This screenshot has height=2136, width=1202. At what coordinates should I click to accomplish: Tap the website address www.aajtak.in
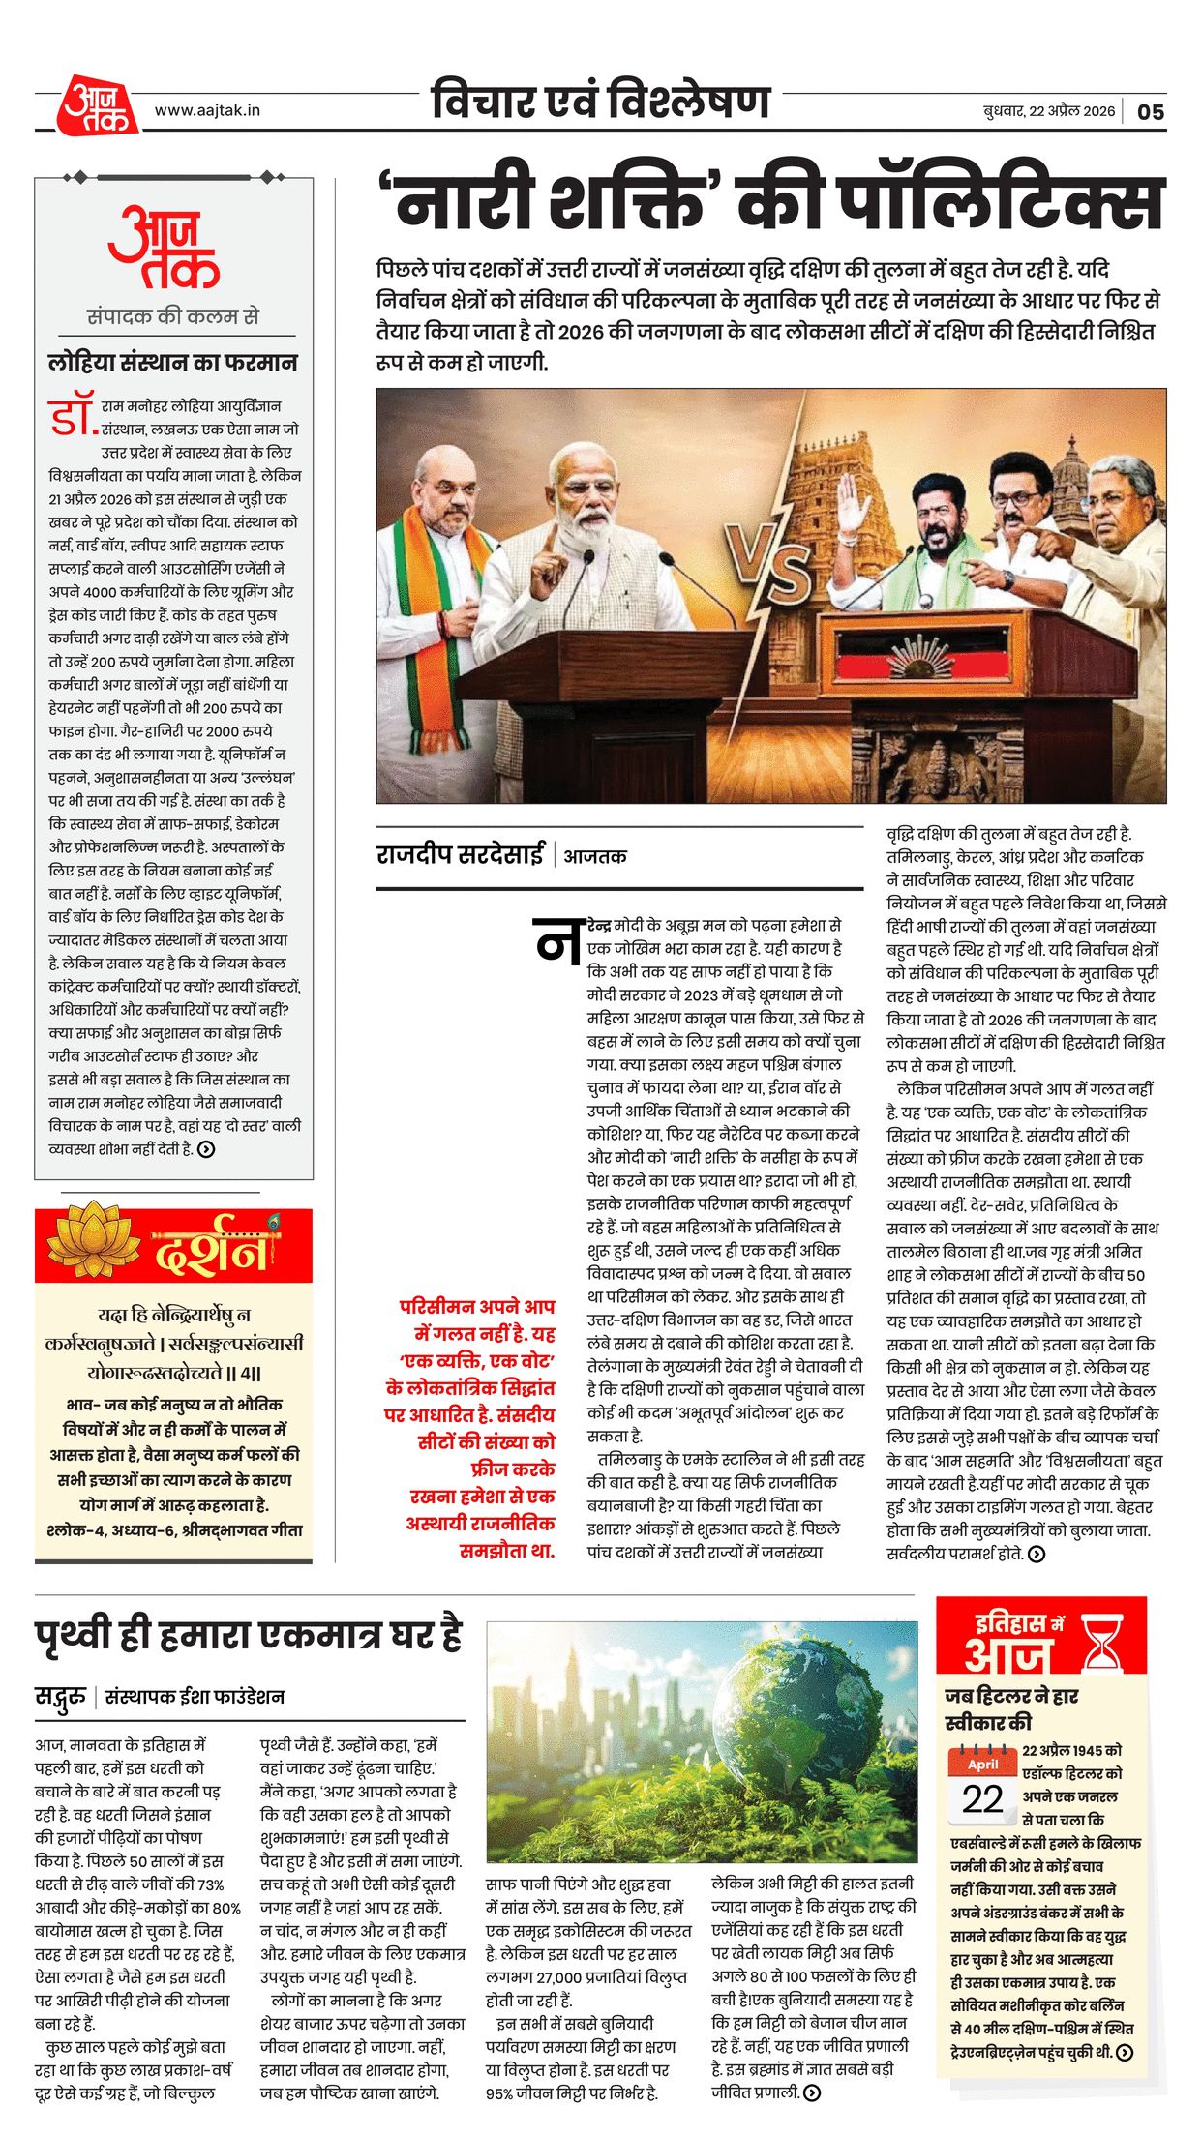coord(207,110)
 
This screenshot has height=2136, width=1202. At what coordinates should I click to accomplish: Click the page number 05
coord(1150,111)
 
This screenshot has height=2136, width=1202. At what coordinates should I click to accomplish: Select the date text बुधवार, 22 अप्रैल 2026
coord(1048,111)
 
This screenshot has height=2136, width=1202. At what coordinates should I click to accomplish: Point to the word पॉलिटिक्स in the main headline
coord(1002,204)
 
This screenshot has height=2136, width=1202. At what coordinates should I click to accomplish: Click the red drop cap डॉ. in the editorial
coord(73,414)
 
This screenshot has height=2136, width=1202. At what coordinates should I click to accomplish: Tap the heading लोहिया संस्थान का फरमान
coord(173,363)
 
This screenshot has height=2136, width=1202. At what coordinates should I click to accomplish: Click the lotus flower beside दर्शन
coord(93,1242)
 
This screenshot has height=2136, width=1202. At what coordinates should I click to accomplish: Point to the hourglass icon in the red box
coord(1102,1641)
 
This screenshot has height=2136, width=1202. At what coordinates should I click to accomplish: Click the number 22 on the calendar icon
coord(982,1798)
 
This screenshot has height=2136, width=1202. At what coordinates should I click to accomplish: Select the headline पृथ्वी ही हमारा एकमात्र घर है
coord(249,1634)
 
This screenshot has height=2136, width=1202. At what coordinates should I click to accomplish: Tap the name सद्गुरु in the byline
coord(61,1696)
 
